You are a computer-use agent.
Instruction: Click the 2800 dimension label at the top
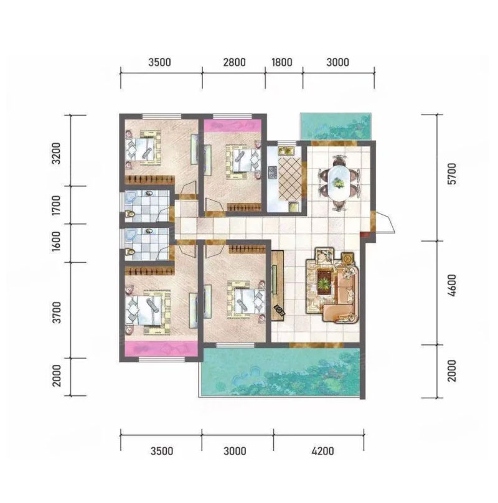(x=234, y=62)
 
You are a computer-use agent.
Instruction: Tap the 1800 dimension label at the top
(x=282, y=62)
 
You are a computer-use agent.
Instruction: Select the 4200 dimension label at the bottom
(x=322, y=451)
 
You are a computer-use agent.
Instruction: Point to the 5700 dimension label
(x=451, y=174)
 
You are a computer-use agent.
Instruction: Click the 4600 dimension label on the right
(x=451, y=285)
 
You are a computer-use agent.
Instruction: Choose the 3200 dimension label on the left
(x=56, y=153)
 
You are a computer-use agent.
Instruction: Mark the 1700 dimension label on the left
(x=56, y=205)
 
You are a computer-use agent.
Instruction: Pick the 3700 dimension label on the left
(x=56, y=313)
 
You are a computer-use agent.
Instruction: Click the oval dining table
(x=339, y=183)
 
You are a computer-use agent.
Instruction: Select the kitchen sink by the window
(x=286, y=150)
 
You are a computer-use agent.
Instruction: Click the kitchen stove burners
(x=273, y=172)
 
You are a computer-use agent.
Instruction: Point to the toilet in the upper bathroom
(x=129, y=215)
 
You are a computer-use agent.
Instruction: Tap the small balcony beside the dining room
(x=336, y=126)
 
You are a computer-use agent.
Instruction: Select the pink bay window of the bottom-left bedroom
(x=161, y=349)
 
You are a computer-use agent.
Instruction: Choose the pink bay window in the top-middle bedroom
(x=232, y=125)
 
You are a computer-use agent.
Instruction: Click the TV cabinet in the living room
(x=278, y=285)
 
